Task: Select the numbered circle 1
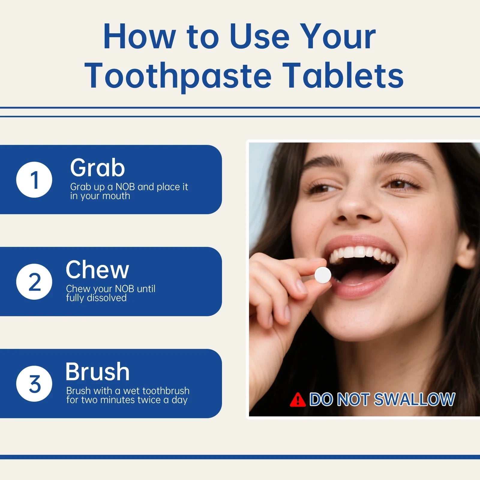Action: [34, 179]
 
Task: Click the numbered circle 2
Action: [34, 281]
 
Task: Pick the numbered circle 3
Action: [34, 383]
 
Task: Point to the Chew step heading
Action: [97, 269]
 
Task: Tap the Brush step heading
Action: [97, 371]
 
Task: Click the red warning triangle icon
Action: [298, 400]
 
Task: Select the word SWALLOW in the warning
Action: [415, 399]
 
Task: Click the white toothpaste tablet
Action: [323, 274]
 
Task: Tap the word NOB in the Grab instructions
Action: [125, 187]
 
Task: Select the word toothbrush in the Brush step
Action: [166, 391]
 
